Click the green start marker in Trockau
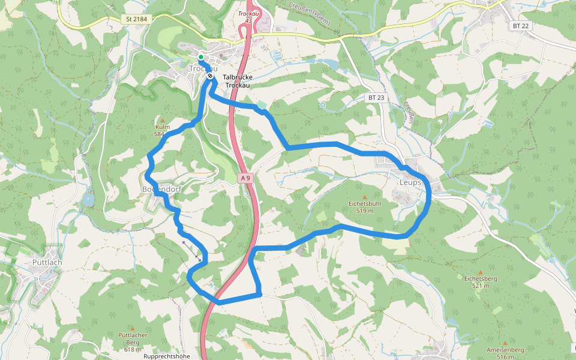click(200, 57)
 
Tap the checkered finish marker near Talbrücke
click(210, 76)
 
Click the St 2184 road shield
click(137, 19)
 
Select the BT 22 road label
click(520, 26)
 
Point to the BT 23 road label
click(376, 97)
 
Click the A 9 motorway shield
click(245, 178)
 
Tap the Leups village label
click(410, 182)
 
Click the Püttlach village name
click(47, 263)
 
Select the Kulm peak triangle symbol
click(162, 120)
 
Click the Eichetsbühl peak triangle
click(364, 196)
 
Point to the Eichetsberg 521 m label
click(477, 281)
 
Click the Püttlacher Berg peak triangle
click(132, 328)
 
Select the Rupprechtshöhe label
click(167, 356)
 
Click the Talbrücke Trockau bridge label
click(238, 81)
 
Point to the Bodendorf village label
click(161, 189)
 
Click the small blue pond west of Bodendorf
click(89, 199)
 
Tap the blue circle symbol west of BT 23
click(323, 106)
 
